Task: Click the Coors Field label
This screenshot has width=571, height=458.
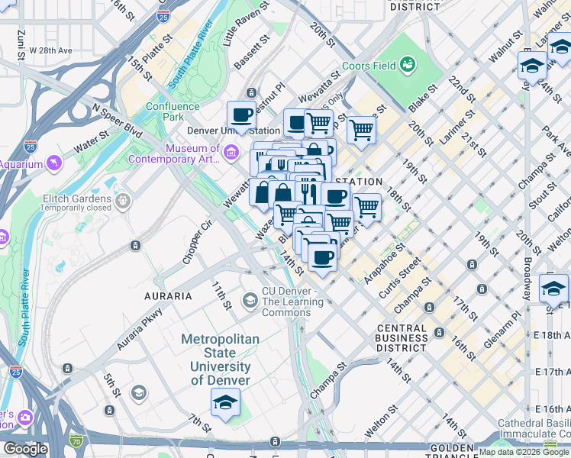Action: [369, 66]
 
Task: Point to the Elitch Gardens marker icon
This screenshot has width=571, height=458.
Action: [123, 201]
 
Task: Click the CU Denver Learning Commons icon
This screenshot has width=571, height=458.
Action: [250, 300]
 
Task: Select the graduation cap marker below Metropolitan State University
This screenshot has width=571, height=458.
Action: [225, 402]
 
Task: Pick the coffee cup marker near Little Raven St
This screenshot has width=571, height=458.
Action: [242, 114]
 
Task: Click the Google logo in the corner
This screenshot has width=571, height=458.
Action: [24, 449]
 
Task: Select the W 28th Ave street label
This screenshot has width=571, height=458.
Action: [50, 50]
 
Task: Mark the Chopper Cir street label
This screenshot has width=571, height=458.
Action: [195, 244]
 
